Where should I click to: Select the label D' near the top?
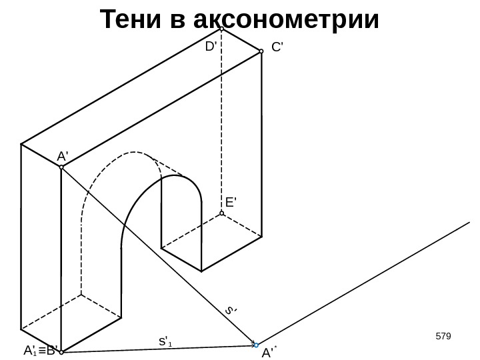pyautogui.click(x=211, y=47)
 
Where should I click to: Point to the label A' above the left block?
pyautogui.click(x=63, y=156)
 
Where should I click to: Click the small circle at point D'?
pyautogui.click(x=222, y=29)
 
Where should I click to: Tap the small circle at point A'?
pyautogui.click(x=61, y=167)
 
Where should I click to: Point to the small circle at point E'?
pyautogui.click(x=222, y=214)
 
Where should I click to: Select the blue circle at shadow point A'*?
pyautogui.click(x=256, y=345)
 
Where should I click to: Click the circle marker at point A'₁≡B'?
pyautogui.click(x=61, y=352)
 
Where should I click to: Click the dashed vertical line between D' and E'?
pyautogui.click(x=222, y=120)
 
